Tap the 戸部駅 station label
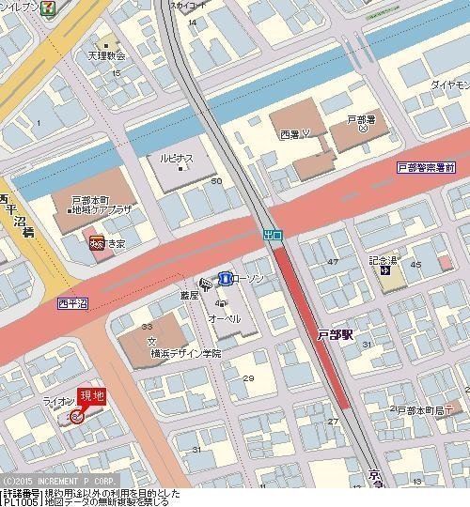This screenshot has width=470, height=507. tap(335, 334)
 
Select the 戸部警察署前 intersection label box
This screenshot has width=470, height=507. tap(426, 166)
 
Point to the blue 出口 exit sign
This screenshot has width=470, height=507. tap(272, 233)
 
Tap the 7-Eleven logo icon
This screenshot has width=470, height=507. tap(73, 7)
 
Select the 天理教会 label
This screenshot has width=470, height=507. tap(107, 55)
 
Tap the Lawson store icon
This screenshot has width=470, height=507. tap(226, 278)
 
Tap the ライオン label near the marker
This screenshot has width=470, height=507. tap(59, 401)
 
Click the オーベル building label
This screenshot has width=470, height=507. tap(224, 318)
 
